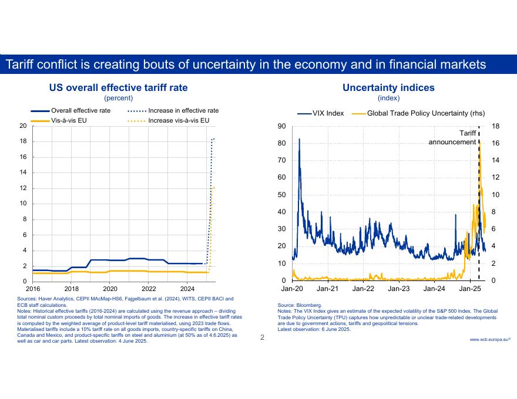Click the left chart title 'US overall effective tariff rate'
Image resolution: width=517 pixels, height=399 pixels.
pos(118,87)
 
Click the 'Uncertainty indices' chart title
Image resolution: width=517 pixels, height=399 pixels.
pos(388,87)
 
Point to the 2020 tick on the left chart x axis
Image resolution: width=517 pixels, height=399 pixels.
pos(110,289)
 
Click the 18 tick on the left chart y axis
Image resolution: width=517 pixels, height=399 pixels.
pos(23,141)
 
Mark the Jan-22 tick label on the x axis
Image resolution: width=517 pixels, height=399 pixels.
pos(363,289)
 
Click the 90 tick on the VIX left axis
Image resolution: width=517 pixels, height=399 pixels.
pos(282,126)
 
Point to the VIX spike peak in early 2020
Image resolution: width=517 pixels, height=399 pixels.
pos(300,139)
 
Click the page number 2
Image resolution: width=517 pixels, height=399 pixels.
pos(263,337)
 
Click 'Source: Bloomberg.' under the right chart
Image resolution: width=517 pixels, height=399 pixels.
pos(300,306)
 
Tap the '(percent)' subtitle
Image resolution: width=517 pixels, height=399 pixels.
pos(118,98)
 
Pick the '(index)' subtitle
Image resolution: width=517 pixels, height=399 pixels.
pos(388,98)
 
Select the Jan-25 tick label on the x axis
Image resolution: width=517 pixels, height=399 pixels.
pos(469,289)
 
